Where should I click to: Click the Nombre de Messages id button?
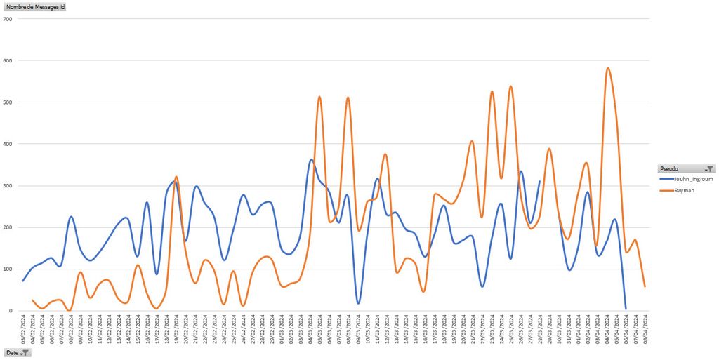point(35,6)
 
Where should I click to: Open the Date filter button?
point(18,352)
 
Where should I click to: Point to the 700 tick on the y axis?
point(8,19)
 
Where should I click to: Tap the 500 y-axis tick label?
point(8,102)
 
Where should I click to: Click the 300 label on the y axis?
point(8,186)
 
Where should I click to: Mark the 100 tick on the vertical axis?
point(8,269)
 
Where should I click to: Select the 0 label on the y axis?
point(11,311)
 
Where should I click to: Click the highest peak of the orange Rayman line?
point(607,68)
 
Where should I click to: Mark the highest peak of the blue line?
point(311,160)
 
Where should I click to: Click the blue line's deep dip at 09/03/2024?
point(358,303)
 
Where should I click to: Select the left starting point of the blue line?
point(23,281)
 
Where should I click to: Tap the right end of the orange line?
point(645,286)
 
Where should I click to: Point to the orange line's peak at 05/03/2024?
point(320,97)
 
